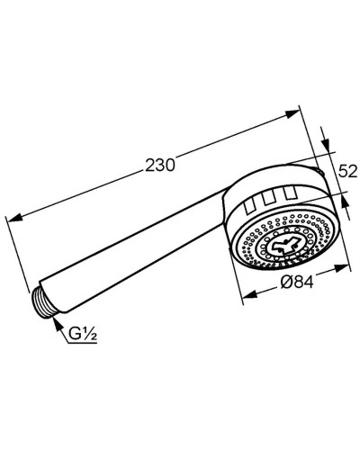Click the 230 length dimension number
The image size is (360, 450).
(x=158, y=164)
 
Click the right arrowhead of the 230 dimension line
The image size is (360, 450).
(x=293, y=113)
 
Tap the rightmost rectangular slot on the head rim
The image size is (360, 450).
(x=289, y=192)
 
